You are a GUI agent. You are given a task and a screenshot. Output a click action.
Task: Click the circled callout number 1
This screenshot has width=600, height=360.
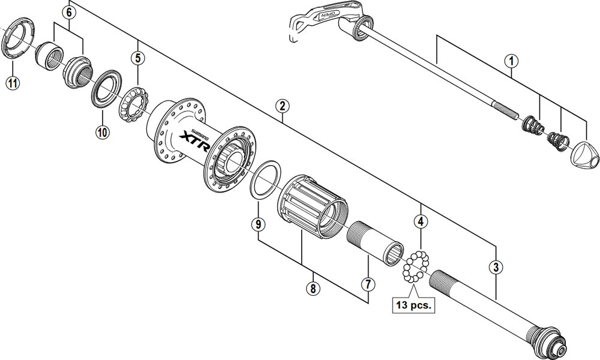(x=511, y=61)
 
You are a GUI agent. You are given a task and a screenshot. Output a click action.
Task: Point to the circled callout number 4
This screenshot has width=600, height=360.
(x=422, y=221)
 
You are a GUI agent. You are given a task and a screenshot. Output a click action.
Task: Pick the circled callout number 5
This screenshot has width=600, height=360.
(x=139, y=58)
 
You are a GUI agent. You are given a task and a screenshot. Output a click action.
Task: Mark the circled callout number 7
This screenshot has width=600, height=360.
(x=367, y=283)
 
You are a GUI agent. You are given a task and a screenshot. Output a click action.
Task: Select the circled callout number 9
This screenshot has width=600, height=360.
(x=257, y=225)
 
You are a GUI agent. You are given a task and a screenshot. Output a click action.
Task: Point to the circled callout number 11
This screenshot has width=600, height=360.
(x=13, y=83)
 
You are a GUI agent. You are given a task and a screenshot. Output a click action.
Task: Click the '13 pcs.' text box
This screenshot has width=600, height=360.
(x=413, y=304)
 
